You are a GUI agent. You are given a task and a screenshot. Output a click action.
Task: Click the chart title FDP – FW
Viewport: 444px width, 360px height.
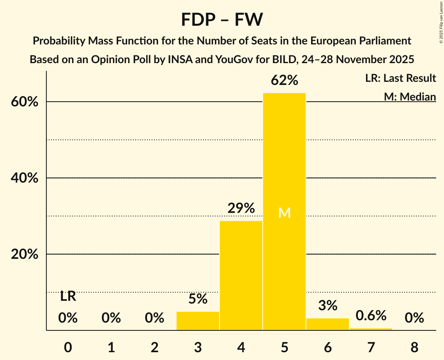pos(222,19)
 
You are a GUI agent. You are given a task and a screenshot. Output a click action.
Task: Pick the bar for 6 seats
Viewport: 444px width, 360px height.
pos(327,324)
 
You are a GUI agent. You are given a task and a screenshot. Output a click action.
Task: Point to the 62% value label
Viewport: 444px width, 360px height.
pos(285,81)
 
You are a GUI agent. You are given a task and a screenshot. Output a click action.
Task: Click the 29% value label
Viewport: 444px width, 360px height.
pos(241,208)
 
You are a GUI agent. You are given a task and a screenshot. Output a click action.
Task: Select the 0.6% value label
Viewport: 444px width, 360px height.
pos(371,315)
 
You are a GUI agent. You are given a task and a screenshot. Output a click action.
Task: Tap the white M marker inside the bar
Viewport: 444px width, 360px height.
pos(285,213)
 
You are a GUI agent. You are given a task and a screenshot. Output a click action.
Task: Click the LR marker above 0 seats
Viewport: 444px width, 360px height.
pos(68,296)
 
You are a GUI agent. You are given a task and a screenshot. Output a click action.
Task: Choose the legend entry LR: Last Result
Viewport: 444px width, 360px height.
pos(400,78)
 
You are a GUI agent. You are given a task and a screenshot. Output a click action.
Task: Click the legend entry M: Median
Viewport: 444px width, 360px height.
pos(410,96)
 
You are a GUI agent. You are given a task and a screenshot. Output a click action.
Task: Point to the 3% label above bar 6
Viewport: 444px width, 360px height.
pos(327,305)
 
